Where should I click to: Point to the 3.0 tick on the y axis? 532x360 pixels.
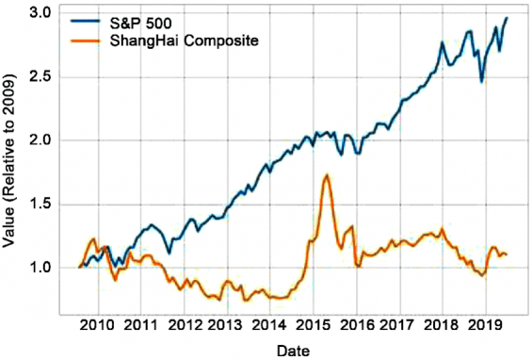click(39, 13)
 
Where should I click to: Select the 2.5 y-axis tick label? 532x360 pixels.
click(39, 76)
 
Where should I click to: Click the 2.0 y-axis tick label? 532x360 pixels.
click(39, 140)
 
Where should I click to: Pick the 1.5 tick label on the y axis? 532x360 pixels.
click(39, 205)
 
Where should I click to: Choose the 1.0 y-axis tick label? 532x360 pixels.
click(39, 268)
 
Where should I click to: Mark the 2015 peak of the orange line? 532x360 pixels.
click(326, 175)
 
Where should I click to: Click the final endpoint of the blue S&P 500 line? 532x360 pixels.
click(507, 18)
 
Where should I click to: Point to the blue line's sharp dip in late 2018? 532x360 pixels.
click(481, 81)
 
